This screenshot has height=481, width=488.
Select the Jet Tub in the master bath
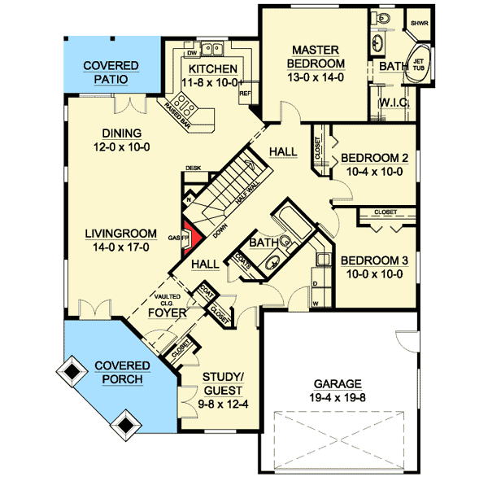(420, 63)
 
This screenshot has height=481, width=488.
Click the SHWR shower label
(420, 24)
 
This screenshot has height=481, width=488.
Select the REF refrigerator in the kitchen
(243, 93)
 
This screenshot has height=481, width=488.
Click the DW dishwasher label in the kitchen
(193, 53)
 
